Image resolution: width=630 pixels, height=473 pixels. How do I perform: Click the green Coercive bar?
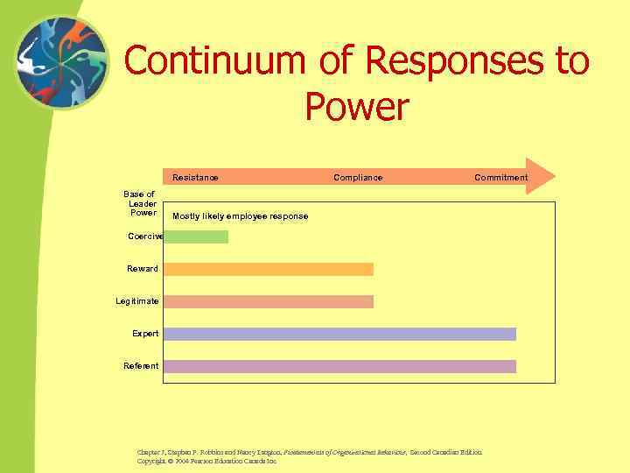click(x=196, y=236)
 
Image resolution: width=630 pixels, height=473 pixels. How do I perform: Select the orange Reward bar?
click(x=269, y=269)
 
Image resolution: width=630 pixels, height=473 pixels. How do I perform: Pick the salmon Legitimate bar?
click(x=269, y=301)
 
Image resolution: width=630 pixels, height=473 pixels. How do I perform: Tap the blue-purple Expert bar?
click(x=339, y=334)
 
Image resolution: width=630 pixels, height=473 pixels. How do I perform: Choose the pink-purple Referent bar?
click(x=339, y=366)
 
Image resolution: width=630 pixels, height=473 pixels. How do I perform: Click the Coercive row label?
click(x=145, y=236)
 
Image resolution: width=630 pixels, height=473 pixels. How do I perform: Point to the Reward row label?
click(x=143, y=269)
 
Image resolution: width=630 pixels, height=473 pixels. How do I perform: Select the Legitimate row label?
click(x=137, y=301)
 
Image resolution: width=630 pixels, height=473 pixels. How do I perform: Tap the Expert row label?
click(x=145, y=334)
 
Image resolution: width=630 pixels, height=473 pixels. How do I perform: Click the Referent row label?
click(x=142, y=366)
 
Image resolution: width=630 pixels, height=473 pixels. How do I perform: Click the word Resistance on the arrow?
click(x=195, y=178)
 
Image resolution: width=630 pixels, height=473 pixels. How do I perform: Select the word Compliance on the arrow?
click(x=358, y=178)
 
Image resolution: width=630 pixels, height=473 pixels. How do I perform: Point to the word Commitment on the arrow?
click(x=500, y=178)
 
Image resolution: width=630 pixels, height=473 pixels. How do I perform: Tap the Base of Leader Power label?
click(x=140, y=203)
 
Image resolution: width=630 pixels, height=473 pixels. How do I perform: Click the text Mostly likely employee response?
click(x=240, y=216)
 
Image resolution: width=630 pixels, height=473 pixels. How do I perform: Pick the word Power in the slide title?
click(x=357, y=107)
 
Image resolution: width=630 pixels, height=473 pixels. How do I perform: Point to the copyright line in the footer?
click(x=206, y=460)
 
